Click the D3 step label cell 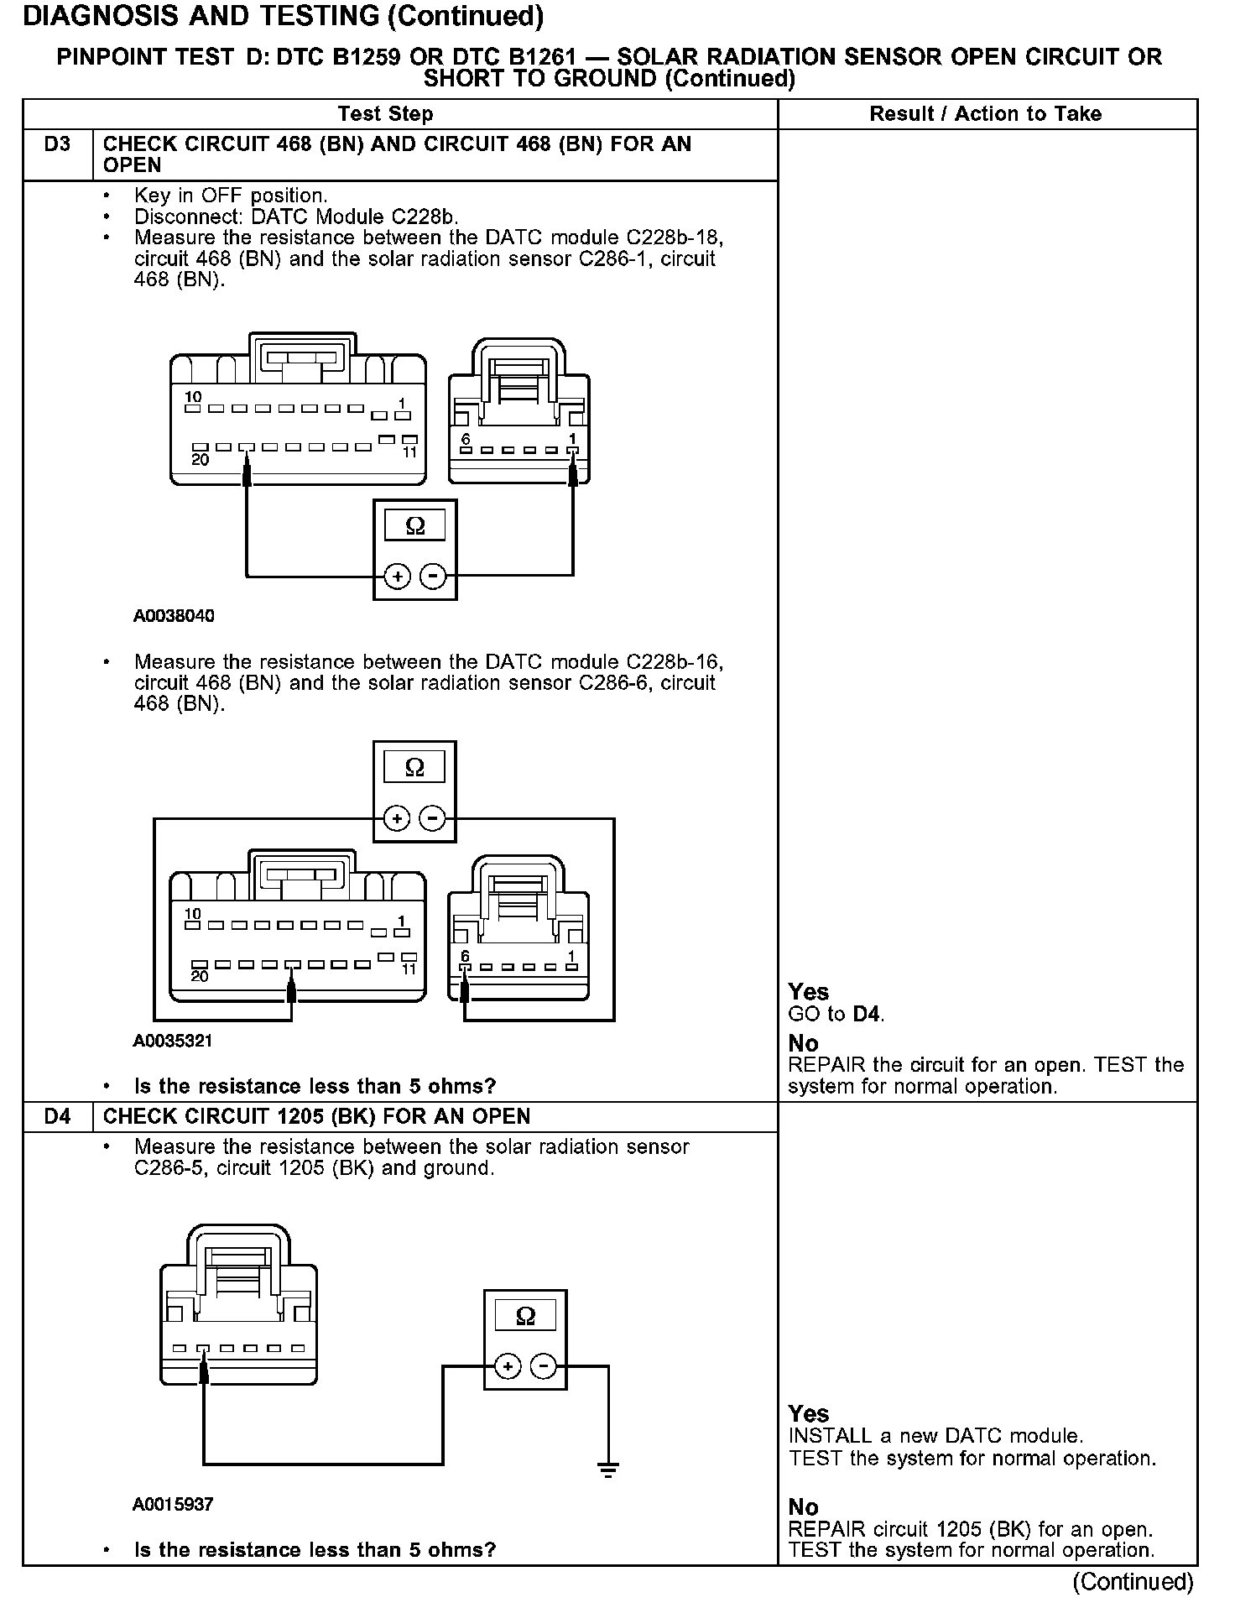[57, 144]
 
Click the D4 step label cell [57, 1117]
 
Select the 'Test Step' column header [385, 114]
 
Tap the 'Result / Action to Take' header [985, 114]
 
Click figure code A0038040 [174, 616]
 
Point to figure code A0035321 [173, 1041]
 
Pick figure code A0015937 [173, 1504]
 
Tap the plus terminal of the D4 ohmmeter [508, 1367]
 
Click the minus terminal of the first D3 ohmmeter [433, 577]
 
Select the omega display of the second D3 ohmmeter [414, 767]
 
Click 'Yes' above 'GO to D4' [808, 992]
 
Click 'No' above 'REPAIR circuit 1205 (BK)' [803, 1507]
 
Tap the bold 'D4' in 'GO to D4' [867, 1014]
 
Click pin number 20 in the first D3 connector [200, 460]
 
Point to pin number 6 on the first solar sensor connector [466, 439]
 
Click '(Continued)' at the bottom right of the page [1133, 1582]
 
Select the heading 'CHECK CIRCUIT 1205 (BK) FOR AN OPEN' [316, 1117]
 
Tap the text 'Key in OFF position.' [231, 196]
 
